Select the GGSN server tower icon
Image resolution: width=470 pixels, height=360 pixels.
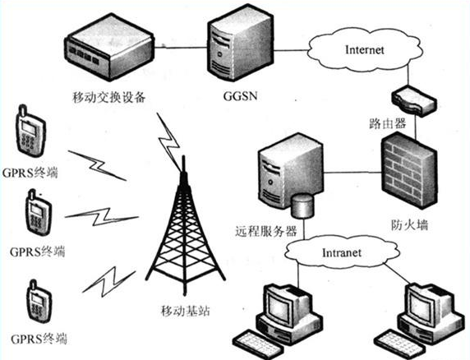pos(229,50)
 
